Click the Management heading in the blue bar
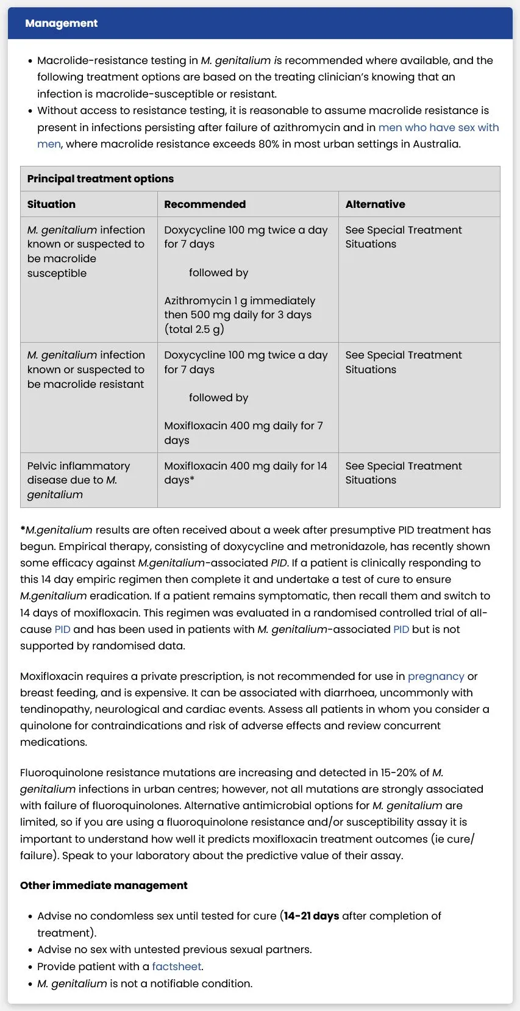pyautogui.click(x=61, y=23)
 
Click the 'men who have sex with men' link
pyautogui.click(x=438, y=127)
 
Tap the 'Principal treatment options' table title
pyautogui.click(x=100, y=179)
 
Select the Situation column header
pyautogui.click(x=51, y=204)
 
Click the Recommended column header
pyautogui.click(x=205, y=204)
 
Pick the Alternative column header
pyautogui.click(x=375, y=204)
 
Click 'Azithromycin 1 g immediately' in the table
pyautogui.click(x=240, y=301)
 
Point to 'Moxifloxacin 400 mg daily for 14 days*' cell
pyautogui.click(x=245, y=473)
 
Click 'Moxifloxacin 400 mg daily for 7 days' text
pyautogui.click(x=243, y=433)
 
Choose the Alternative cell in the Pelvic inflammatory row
pyautogui.click(x=403, y=473)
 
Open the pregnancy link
pyautogui.click(x=436, y=676)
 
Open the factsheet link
pyautogui.click(x=177, y=966)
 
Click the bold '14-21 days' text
pyautogui.click(x=312, y=916)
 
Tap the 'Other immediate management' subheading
pyautogui.click(x=104, y=885)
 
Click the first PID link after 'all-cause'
pyautogui.click(x=62, y=629)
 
